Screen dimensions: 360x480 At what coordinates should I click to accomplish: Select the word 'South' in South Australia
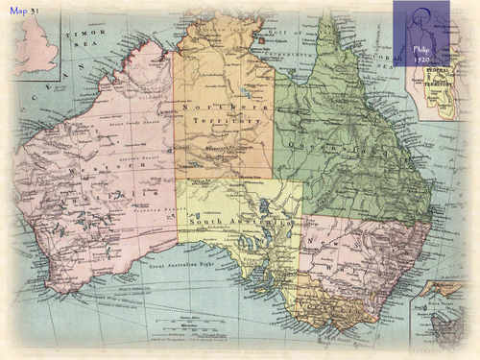point(208,224)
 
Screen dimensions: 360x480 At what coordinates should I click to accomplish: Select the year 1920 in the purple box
point(421,58)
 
